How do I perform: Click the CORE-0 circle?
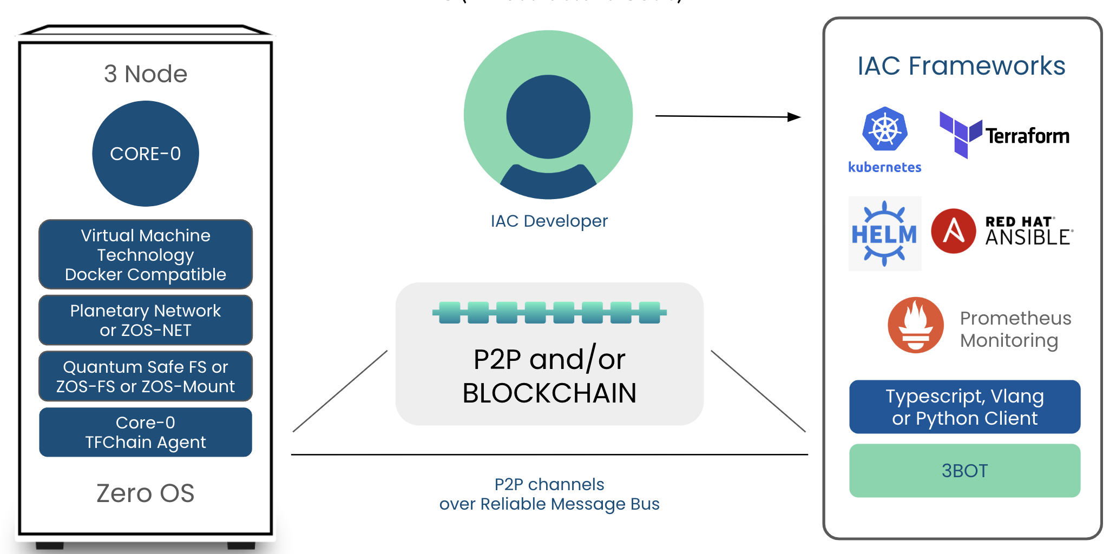[146, 154]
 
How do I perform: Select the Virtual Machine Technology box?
[146, 254]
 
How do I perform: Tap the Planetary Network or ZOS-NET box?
[146, 320]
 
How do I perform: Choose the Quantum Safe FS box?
[146, 377]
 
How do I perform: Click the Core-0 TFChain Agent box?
[146, 432]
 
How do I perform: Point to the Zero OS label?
[146, 493]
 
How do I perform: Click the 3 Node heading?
[146, 74]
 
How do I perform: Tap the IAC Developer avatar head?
[548, 117]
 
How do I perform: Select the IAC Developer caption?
[549, 221]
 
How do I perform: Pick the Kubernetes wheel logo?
[885, 129]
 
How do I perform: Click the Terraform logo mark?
[961, 134]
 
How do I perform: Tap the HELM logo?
[885, 234]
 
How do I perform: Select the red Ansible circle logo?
[954, 231]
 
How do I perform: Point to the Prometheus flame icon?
[916, 325]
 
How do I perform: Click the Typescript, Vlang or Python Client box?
[965, 407]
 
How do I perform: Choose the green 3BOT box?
[965, 471]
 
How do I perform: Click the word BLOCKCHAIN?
[549, 393]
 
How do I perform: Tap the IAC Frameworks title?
[961, 66]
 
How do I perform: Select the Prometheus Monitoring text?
[1015, 329]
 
